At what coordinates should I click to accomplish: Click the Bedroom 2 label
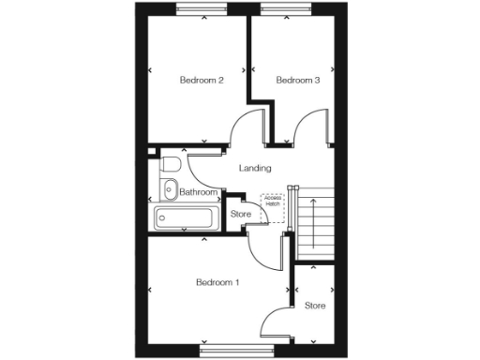[x=201, y=81]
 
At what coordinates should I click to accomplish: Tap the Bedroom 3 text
[x=298, y=81]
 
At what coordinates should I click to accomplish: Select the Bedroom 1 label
[x=217, y=282]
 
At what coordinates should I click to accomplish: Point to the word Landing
[x=255, y=169]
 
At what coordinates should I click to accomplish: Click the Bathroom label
[x=199, y=193]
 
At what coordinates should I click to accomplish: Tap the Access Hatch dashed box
[x=273, y=202]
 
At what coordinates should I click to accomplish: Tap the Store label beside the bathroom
[x=241, y=214]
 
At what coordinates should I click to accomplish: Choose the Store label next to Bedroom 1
[x=315, y=305]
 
